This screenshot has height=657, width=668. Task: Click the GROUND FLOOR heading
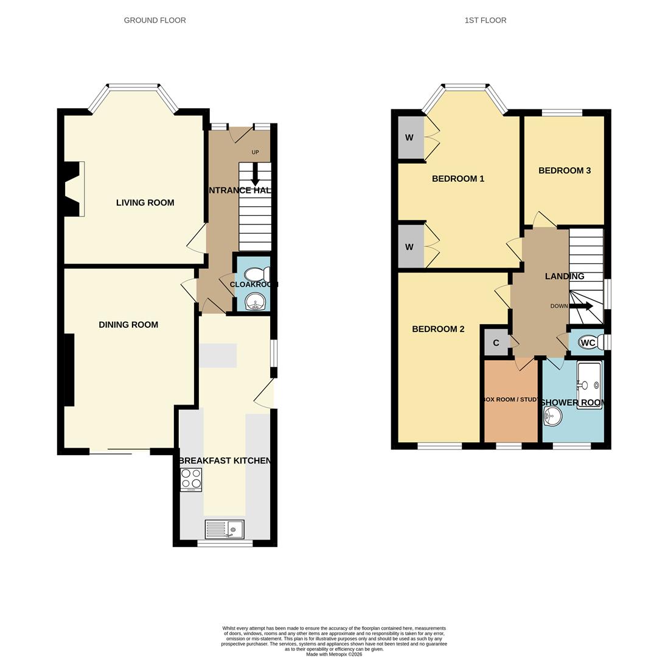155,20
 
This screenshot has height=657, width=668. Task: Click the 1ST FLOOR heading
485,20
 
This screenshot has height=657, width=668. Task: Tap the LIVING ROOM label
145,203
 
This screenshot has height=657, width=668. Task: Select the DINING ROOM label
128,325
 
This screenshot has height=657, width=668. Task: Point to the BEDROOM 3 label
564,171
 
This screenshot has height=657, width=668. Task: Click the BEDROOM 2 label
438,329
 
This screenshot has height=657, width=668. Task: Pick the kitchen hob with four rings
191,479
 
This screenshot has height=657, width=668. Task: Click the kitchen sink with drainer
224,529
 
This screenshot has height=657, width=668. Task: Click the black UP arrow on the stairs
255,175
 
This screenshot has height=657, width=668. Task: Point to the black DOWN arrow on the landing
580,306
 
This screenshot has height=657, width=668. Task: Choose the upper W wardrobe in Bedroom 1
409,137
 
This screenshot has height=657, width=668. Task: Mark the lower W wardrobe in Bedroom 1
409,247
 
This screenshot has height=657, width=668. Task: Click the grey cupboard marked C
496,343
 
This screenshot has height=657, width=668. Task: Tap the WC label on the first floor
588,343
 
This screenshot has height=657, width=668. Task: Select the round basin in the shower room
553,416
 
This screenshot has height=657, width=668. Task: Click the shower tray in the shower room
589,385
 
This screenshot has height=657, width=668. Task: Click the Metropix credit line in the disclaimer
334,655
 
